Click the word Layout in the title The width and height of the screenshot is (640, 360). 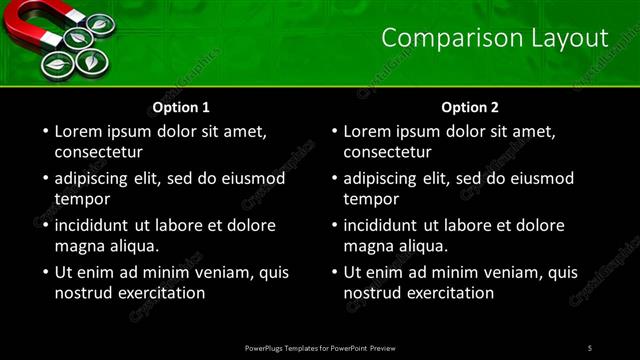568,38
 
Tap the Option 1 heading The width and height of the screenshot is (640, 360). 181,107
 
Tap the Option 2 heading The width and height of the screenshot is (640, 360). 469,107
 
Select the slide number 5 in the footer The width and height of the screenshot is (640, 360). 590,348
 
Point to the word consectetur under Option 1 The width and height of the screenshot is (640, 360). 99,152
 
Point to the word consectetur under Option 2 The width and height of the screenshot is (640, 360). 387,152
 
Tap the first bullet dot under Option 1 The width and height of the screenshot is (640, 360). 44,132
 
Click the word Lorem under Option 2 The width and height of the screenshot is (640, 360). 366,131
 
